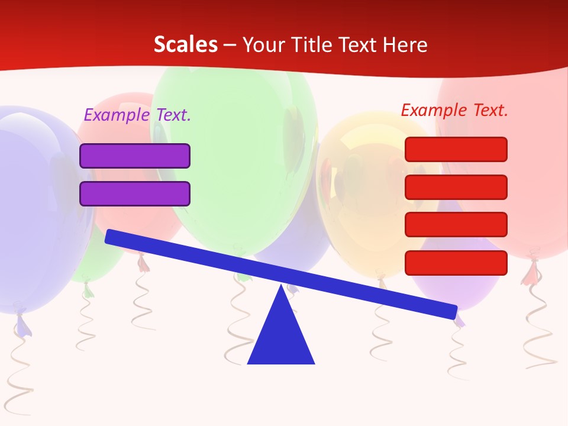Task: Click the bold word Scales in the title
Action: pos(185,44)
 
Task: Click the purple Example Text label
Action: pos(137,115)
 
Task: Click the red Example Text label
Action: pos(454,110)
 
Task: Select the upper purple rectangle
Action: pos(135,156)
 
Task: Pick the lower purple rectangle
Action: pos(135,193)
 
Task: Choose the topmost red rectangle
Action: pos(456,149)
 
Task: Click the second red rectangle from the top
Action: pos(456,187)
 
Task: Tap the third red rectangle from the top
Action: pos(456,225)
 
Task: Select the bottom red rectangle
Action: pos(456,263)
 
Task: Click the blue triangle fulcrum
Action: pos(281,337)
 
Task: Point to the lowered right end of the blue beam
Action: pos(451,311)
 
